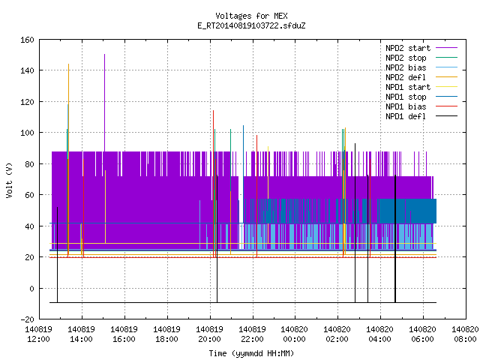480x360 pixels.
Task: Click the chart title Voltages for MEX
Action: pyautogui.click(x=251, y=16)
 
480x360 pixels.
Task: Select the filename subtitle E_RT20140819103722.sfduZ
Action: pyautogui.click(x=251, y=25)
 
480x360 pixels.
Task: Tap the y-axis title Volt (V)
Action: pyautogui.click(x=10, y=180)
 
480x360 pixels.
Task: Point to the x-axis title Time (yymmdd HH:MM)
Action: pyautogui.click(x=251, y=353)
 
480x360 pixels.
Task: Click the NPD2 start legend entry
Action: pyautogui.click(x=421, y=48)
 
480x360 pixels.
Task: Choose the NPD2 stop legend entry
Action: pyautogui.click(x=421, y=58)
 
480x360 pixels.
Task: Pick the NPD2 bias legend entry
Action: pyautogui.click(x=421, y=67)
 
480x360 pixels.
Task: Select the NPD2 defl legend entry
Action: pyautogui.click(x=421, y=77)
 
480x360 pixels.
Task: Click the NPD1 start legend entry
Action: pyautogui.click(x=421, y=87)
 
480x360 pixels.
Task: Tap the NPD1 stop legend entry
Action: pyautogui.click(x=421, y=97)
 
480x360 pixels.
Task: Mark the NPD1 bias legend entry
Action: pyautogui.click(x=421, y=106)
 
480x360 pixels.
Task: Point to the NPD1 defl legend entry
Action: pyautogui.click(x=421, y=117)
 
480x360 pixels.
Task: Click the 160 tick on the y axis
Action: pyautogui.click(x=27, y=40)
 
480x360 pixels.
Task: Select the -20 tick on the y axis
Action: pyautogui.click(x=27, y=319)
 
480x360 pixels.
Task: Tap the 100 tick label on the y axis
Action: pyautogui.click(x=27, y=133)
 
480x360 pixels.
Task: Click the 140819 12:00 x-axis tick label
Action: pyautogui.click(x=38, y=334)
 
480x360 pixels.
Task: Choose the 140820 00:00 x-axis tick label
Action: pyautogui.click(x=295, y=334)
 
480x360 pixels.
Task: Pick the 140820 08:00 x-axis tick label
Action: pyautogui.click(x=465, y=334)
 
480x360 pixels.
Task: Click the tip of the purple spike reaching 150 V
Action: pyautogui.click(x=105, y=55)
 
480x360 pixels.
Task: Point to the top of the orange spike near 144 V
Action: pyautogui.click(x=68, y=64)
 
